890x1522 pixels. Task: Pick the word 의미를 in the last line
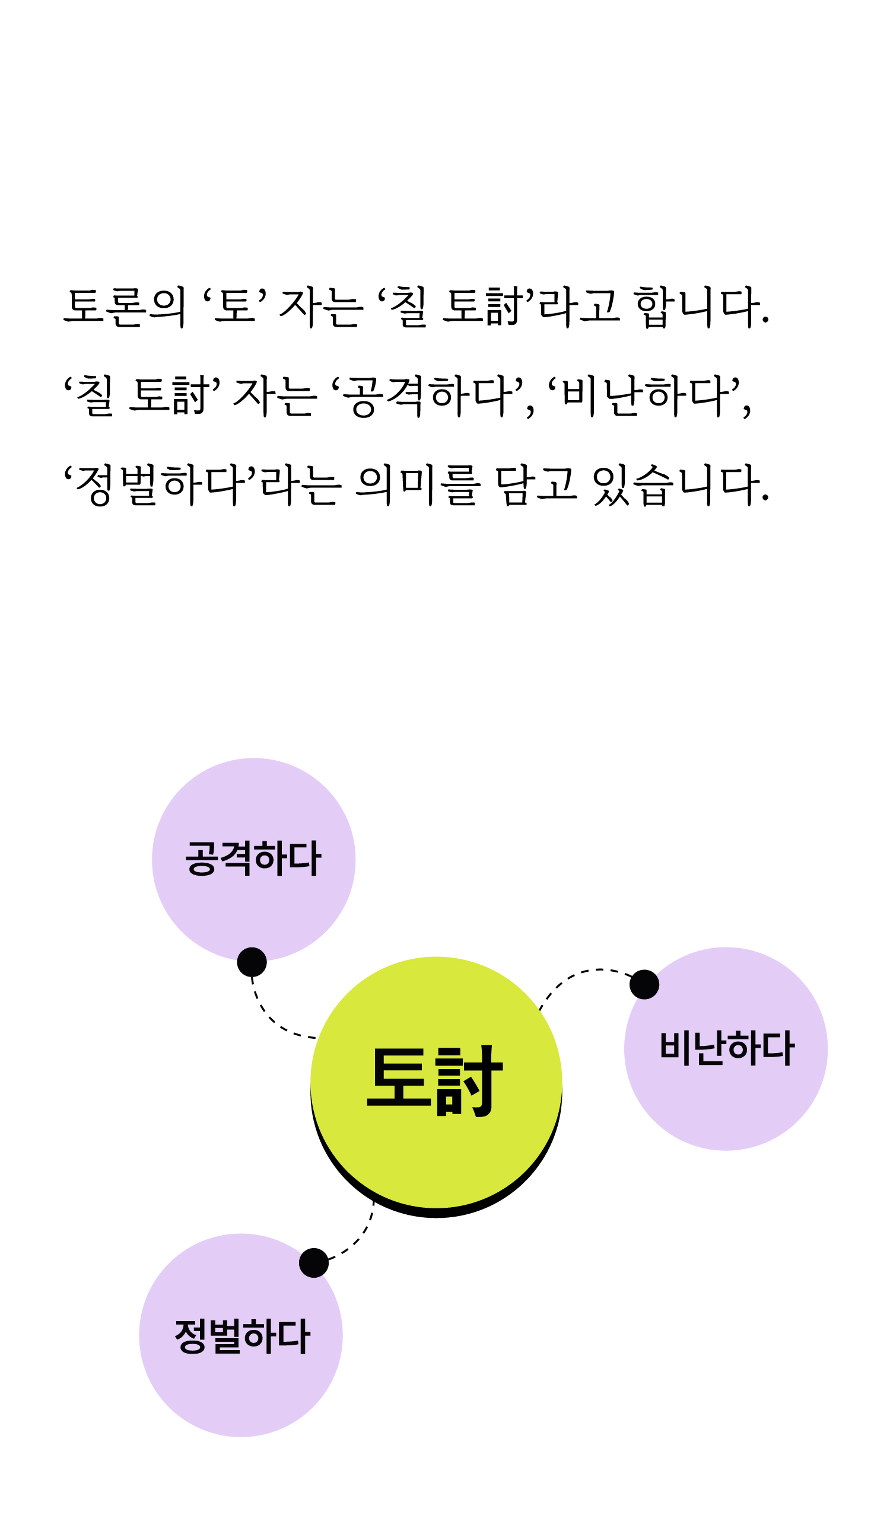tap(418, 484)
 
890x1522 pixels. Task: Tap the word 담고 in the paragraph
tap(535, 484)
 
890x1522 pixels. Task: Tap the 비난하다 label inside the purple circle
tap(726, 1048)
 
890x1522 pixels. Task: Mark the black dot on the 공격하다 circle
tap(252, 962)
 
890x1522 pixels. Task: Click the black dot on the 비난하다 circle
tap(644, 984)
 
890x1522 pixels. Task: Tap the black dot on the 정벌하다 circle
tap(314, 1263)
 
